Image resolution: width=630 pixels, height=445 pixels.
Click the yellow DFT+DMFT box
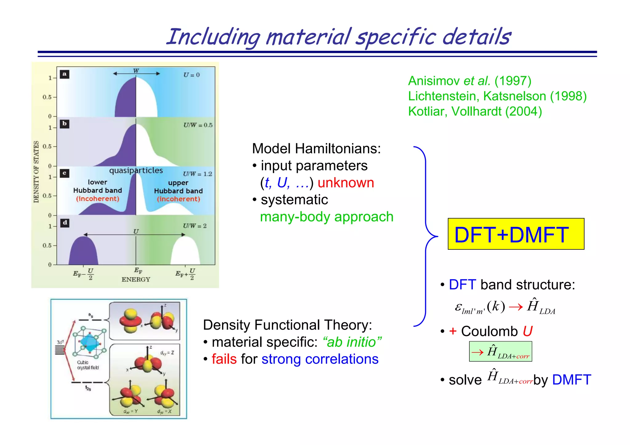click(x=516, y=234)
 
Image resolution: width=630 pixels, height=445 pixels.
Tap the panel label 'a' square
click(x=64, y=74)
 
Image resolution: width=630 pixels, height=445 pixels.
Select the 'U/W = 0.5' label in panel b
click(x=198, y=125)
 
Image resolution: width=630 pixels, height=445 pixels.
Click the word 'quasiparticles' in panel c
click(x=136, y=171)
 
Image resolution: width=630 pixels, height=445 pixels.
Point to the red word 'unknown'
click(x=345, y=183)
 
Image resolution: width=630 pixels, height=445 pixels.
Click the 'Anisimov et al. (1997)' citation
click(x=469, y=81)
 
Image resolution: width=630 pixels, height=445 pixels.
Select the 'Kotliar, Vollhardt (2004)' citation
click(x=475, y=111)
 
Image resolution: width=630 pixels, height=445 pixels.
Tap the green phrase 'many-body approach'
click(x=326, y=217)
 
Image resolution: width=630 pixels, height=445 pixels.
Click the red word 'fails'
click(x=224, y=359)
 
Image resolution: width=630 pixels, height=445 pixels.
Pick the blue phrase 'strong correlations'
click(x=320, y=359)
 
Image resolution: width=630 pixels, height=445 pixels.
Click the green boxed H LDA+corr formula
click(x=500, y=352)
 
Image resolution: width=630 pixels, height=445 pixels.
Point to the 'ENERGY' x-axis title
click(x=136, y=280)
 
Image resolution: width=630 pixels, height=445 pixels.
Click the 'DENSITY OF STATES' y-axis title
click(x=36, y=172)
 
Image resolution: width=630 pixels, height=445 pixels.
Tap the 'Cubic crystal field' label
click(x=88, y=365)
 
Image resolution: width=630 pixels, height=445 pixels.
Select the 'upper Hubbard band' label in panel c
click(x=178, y=187)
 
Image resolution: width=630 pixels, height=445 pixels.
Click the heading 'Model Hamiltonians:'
click(x=316, y=149)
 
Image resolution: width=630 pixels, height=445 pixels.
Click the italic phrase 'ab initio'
click(x=352, y=342)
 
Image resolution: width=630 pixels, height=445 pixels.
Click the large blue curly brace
click(x=426, y=236)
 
